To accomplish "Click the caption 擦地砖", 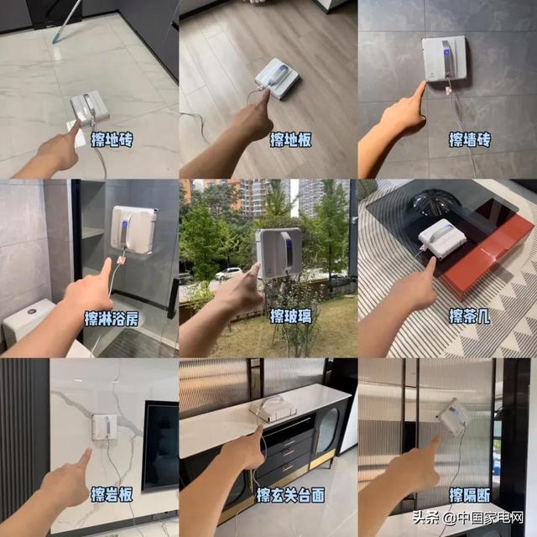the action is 112,140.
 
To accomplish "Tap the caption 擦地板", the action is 291,140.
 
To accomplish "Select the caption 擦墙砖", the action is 470,140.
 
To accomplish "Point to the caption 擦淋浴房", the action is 112,319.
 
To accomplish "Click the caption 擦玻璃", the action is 291,315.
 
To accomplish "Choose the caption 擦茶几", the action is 470,315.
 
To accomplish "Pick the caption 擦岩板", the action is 112,494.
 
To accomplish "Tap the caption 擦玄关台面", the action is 291,494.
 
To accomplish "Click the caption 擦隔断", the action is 470,494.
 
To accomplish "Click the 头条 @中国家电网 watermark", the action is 468,518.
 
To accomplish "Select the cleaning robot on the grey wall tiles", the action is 444,58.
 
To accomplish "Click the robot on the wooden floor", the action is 278,78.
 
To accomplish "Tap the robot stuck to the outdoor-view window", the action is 279,253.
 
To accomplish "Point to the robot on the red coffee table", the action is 442,238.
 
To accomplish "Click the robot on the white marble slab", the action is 104,427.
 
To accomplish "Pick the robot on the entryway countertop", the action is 273,409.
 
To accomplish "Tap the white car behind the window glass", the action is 228,274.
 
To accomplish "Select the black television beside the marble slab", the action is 160,446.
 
